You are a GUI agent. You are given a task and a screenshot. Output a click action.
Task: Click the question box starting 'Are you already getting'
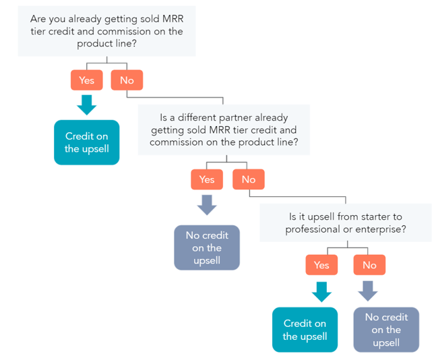106,32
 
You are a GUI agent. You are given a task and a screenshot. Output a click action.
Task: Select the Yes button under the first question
86,80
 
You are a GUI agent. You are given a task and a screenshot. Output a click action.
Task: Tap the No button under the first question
127,80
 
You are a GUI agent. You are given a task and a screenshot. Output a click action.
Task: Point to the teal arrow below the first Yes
86,104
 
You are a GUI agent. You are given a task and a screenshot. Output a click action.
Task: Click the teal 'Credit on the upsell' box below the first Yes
86,142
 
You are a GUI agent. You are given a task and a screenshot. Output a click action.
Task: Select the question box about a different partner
223,130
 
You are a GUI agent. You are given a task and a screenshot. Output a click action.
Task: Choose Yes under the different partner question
207,179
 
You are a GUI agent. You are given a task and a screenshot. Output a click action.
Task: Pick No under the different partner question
248,179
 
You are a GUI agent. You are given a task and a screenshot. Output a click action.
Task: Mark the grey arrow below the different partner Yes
207,204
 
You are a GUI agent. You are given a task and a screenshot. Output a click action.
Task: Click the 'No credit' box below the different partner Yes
207,247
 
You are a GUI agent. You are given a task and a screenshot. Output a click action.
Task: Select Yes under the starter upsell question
321,265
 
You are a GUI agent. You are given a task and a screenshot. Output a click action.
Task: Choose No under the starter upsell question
369,265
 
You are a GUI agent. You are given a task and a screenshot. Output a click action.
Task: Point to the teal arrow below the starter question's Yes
321,291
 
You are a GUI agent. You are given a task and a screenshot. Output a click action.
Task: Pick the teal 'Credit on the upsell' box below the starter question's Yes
305,330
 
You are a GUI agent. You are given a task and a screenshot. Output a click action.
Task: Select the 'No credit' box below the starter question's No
386,330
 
